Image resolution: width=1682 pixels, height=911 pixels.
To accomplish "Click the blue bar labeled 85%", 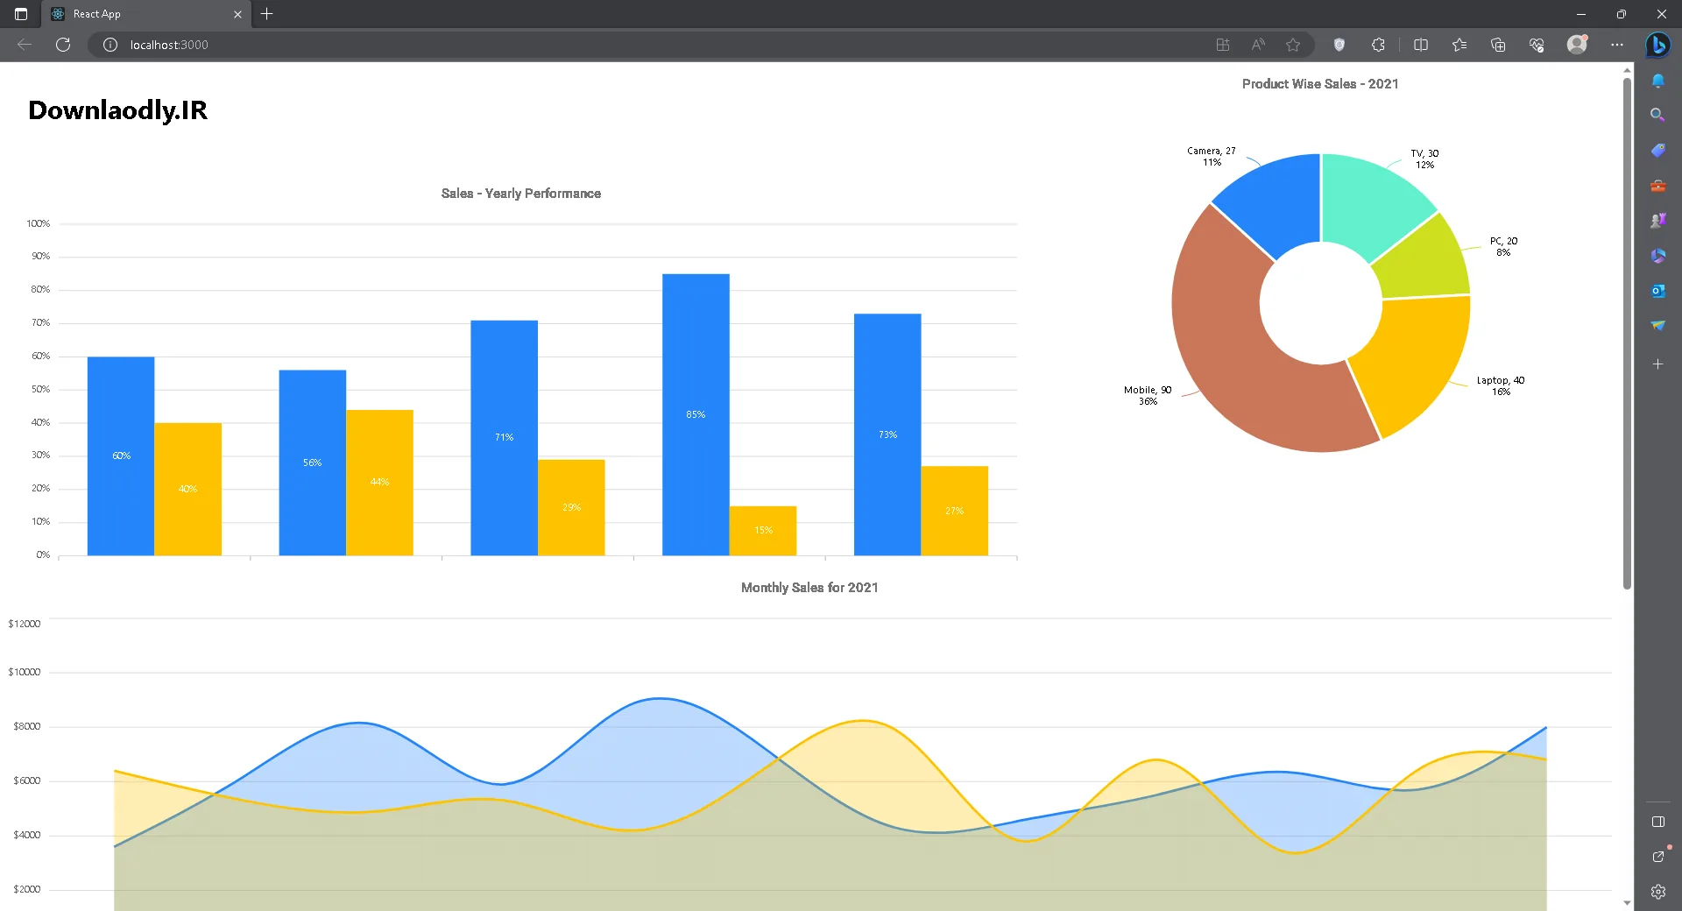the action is coord(696,414).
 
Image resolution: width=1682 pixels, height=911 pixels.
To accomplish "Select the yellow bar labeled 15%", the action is coord(763,531).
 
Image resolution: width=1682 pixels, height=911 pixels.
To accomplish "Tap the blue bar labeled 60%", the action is coord(121,455).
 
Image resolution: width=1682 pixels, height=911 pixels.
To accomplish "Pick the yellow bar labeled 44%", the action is coord(379,483).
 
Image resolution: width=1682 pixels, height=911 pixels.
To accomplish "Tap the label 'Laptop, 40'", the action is coord(1501,380).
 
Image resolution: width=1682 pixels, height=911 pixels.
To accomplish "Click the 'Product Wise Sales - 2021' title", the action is coord(1320,84).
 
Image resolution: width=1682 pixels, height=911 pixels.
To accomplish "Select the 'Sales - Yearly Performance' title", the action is coord(521,194).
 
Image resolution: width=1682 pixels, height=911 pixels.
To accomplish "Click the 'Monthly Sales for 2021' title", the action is coord(809,588).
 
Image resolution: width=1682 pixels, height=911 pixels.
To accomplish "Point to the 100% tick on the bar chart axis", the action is coord(39,224).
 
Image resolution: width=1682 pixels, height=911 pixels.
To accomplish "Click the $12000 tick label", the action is coord(25,624).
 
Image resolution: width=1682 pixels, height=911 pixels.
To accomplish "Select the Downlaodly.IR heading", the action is coord(118,110).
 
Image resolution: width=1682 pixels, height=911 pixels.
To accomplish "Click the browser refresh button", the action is coord(63,45).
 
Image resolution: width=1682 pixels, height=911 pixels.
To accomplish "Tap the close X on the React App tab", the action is coord(237,14).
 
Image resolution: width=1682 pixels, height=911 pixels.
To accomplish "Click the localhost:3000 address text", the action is coord(169,45).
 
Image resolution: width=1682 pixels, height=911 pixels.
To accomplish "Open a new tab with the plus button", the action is coord(267,14).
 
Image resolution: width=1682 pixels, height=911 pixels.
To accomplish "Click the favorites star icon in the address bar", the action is coord(1293,45).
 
